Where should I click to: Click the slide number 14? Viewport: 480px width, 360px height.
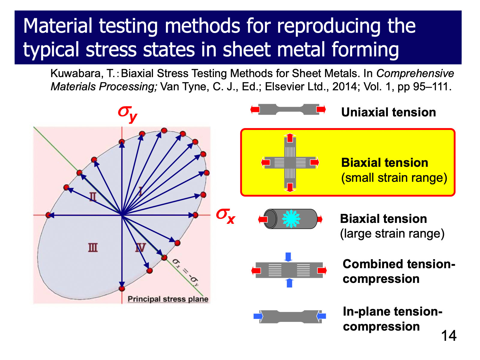tap(448, 335)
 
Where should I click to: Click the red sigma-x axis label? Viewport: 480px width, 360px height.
tap(226, 215)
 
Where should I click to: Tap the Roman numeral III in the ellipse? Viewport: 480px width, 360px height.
tap(93, 247)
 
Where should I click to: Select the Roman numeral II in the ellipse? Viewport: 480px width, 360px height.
tap(93, 196)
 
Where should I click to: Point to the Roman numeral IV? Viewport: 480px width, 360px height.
tap(140, 248)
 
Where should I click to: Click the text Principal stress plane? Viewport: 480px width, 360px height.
tap(168, 299)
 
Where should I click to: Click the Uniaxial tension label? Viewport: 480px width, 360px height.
tap(388, 112)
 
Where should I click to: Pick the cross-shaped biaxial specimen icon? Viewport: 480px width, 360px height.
tap(290, 163)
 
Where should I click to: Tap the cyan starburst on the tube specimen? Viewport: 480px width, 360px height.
tap(291, 219)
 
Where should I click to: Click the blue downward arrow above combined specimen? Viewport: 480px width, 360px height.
tap(288, 257)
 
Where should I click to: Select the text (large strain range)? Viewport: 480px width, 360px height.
tap(392, 233)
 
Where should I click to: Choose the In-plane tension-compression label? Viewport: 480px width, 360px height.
tap(392, 319)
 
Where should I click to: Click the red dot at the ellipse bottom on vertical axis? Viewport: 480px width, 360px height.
tap(122, 288)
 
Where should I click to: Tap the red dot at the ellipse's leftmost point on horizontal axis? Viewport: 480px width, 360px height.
tap(48, 215)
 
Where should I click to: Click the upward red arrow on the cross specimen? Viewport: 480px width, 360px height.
tap(290, 138)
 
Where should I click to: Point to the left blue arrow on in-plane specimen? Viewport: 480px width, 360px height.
tap(258, 316)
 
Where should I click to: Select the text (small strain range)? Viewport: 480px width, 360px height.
tap(394, 178)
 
